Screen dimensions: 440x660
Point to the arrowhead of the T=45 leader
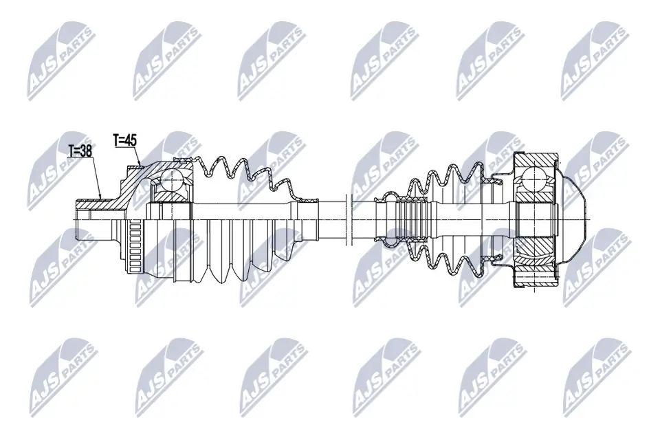(x=141, y=166)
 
